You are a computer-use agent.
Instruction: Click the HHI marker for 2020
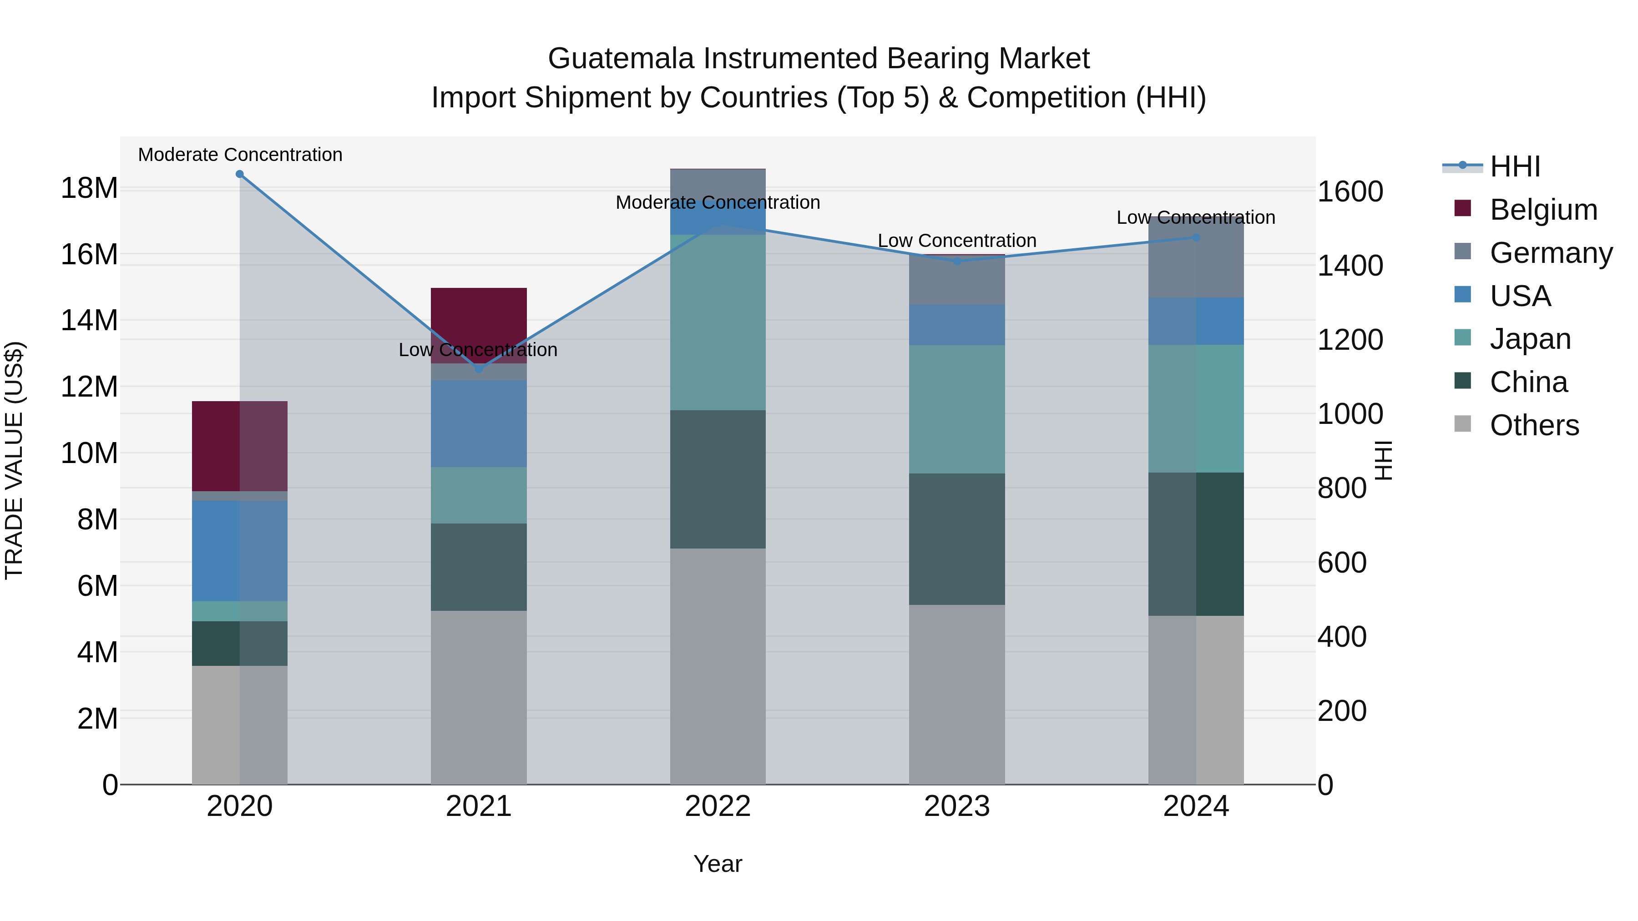pos(240,174)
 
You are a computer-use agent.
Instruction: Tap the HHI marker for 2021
pos(479,369)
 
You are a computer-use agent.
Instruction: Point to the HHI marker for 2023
pos(957,261)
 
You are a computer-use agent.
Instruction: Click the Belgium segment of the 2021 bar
pos(479,318)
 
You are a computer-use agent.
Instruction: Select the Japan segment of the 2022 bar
pos(718,322)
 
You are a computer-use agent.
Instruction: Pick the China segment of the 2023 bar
pos(957,539)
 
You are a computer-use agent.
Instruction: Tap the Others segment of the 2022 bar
pos(718,666)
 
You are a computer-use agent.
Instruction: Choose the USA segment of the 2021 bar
pos(479,423)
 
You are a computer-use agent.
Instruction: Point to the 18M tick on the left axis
pos(89,188)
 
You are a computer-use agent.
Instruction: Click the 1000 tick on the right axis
pos(1350,414)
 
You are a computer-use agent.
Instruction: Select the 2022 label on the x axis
pos(718,806)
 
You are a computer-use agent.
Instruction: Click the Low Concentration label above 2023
pos(957,241)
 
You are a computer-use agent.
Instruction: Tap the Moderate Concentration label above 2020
pos(240,155)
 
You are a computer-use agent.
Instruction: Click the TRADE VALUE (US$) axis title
pos(14,460)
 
